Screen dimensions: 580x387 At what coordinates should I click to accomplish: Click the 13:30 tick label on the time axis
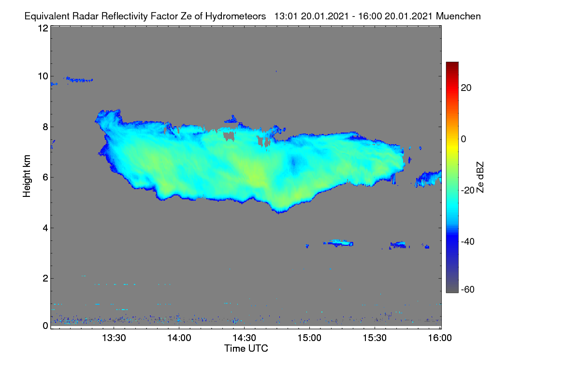pyautogui.click(x=114, y=338)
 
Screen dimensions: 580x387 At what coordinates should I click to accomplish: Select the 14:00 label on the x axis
pyautogui.click(x=179, y=338)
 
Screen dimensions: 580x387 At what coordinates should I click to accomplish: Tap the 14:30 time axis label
pyautogui.click(x=244, y=338)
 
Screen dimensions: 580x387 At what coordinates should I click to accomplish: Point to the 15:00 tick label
pyautogui.click(x=309, y=338)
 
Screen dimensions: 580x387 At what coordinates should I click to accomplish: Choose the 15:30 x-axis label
pyautogui.click(x=375, y=338)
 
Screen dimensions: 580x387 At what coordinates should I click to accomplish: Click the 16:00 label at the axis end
pyautogui.click(x=440, y=338)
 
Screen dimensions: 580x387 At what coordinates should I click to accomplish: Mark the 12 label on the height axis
pyautogui.click(x=43, y=28)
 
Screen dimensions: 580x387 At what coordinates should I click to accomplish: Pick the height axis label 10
pyautogui.click(x=43, y=76)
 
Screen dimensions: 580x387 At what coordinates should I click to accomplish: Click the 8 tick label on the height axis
pyautogui.click(x=45, y=127)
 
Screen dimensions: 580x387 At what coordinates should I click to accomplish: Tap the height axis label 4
pyautogui.click(x=45, y=228)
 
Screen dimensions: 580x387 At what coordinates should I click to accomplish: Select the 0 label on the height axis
pyautogui.click(x=45, y=326)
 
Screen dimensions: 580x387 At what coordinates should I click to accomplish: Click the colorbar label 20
pyautogui.click(x=466, y=88)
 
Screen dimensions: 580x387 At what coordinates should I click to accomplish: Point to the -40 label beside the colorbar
pyautogui.click(x=468, y=241)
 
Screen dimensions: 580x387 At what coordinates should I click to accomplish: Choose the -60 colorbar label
pyautogui.click(x=468, y=290)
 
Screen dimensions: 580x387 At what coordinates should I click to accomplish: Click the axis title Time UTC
pyautogui.click(x=246, y=348)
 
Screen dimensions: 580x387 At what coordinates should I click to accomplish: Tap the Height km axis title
pyautogui.click(x=27, y=176)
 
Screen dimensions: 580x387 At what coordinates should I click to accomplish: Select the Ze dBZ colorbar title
pyautogui.click(x=480, y=178)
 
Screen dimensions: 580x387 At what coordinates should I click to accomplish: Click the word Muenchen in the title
pyautogui.click(x=458, y=16)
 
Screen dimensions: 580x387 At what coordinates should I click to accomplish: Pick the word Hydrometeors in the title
pyautogui.click(x=236, y=16)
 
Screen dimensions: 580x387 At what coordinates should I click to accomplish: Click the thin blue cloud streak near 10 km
pyautogui.click(x=79, y=80)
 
